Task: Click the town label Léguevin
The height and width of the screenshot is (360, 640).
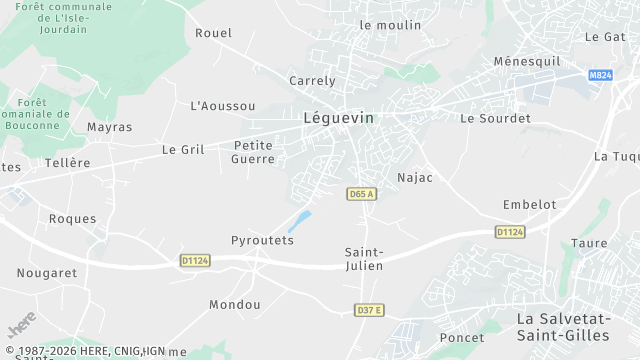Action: (338, 117)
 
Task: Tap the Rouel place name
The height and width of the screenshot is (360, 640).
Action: (213, 32)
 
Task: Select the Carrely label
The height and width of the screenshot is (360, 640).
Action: (312, 80)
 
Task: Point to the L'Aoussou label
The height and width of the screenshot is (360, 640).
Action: (222, 105)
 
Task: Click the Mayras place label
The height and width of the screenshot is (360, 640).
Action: (109, 127)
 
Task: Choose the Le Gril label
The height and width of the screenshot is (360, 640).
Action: (183, 149)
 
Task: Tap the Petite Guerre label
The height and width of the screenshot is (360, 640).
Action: (252, 151)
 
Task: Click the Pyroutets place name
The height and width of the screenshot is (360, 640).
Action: (262, 241)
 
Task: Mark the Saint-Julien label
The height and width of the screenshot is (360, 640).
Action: (364, 258)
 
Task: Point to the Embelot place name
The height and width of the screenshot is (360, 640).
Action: (529, 204)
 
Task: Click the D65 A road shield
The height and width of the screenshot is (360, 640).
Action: (362, 194)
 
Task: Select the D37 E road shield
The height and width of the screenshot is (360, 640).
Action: (369, 310)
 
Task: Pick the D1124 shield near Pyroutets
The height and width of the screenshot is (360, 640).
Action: (195, 260)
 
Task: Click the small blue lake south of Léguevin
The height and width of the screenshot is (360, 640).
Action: (299, 221)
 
